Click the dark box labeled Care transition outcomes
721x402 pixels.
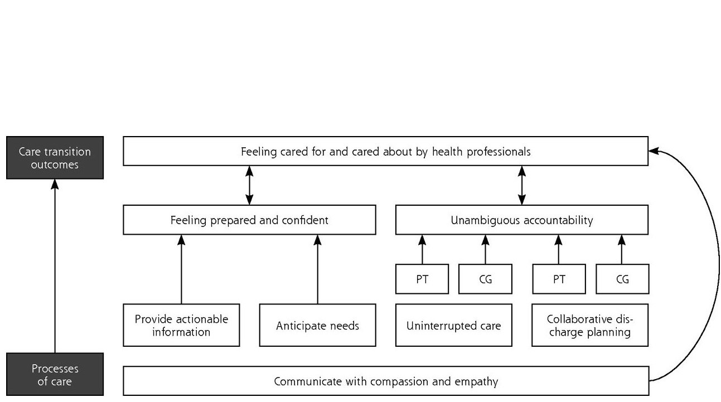click(55, 158)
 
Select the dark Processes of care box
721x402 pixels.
click(55, 374)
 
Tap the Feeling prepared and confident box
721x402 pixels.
click(249, 220)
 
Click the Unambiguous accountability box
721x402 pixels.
click(522, 220)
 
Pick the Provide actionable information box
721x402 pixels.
click(181, 325)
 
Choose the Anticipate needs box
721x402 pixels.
click(317, 325)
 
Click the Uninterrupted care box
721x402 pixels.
click(453, 325)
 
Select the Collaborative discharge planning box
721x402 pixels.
click(590, 325)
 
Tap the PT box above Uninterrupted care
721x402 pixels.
click(422, 279)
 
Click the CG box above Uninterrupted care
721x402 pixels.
click(485, 279)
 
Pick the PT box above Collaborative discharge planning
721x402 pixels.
click(559, 279)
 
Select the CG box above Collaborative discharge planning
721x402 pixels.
click(622, 279)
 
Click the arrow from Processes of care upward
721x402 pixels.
click(55, 266)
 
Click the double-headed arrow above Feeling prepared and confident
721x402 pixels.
click(249, 186)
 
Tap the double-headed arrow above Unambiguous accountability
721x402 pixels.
click(522, 186)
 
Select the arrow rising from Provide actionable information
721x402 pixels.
click(181, 269)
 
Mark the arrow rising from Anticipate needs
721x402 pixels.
click(317, 269)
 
